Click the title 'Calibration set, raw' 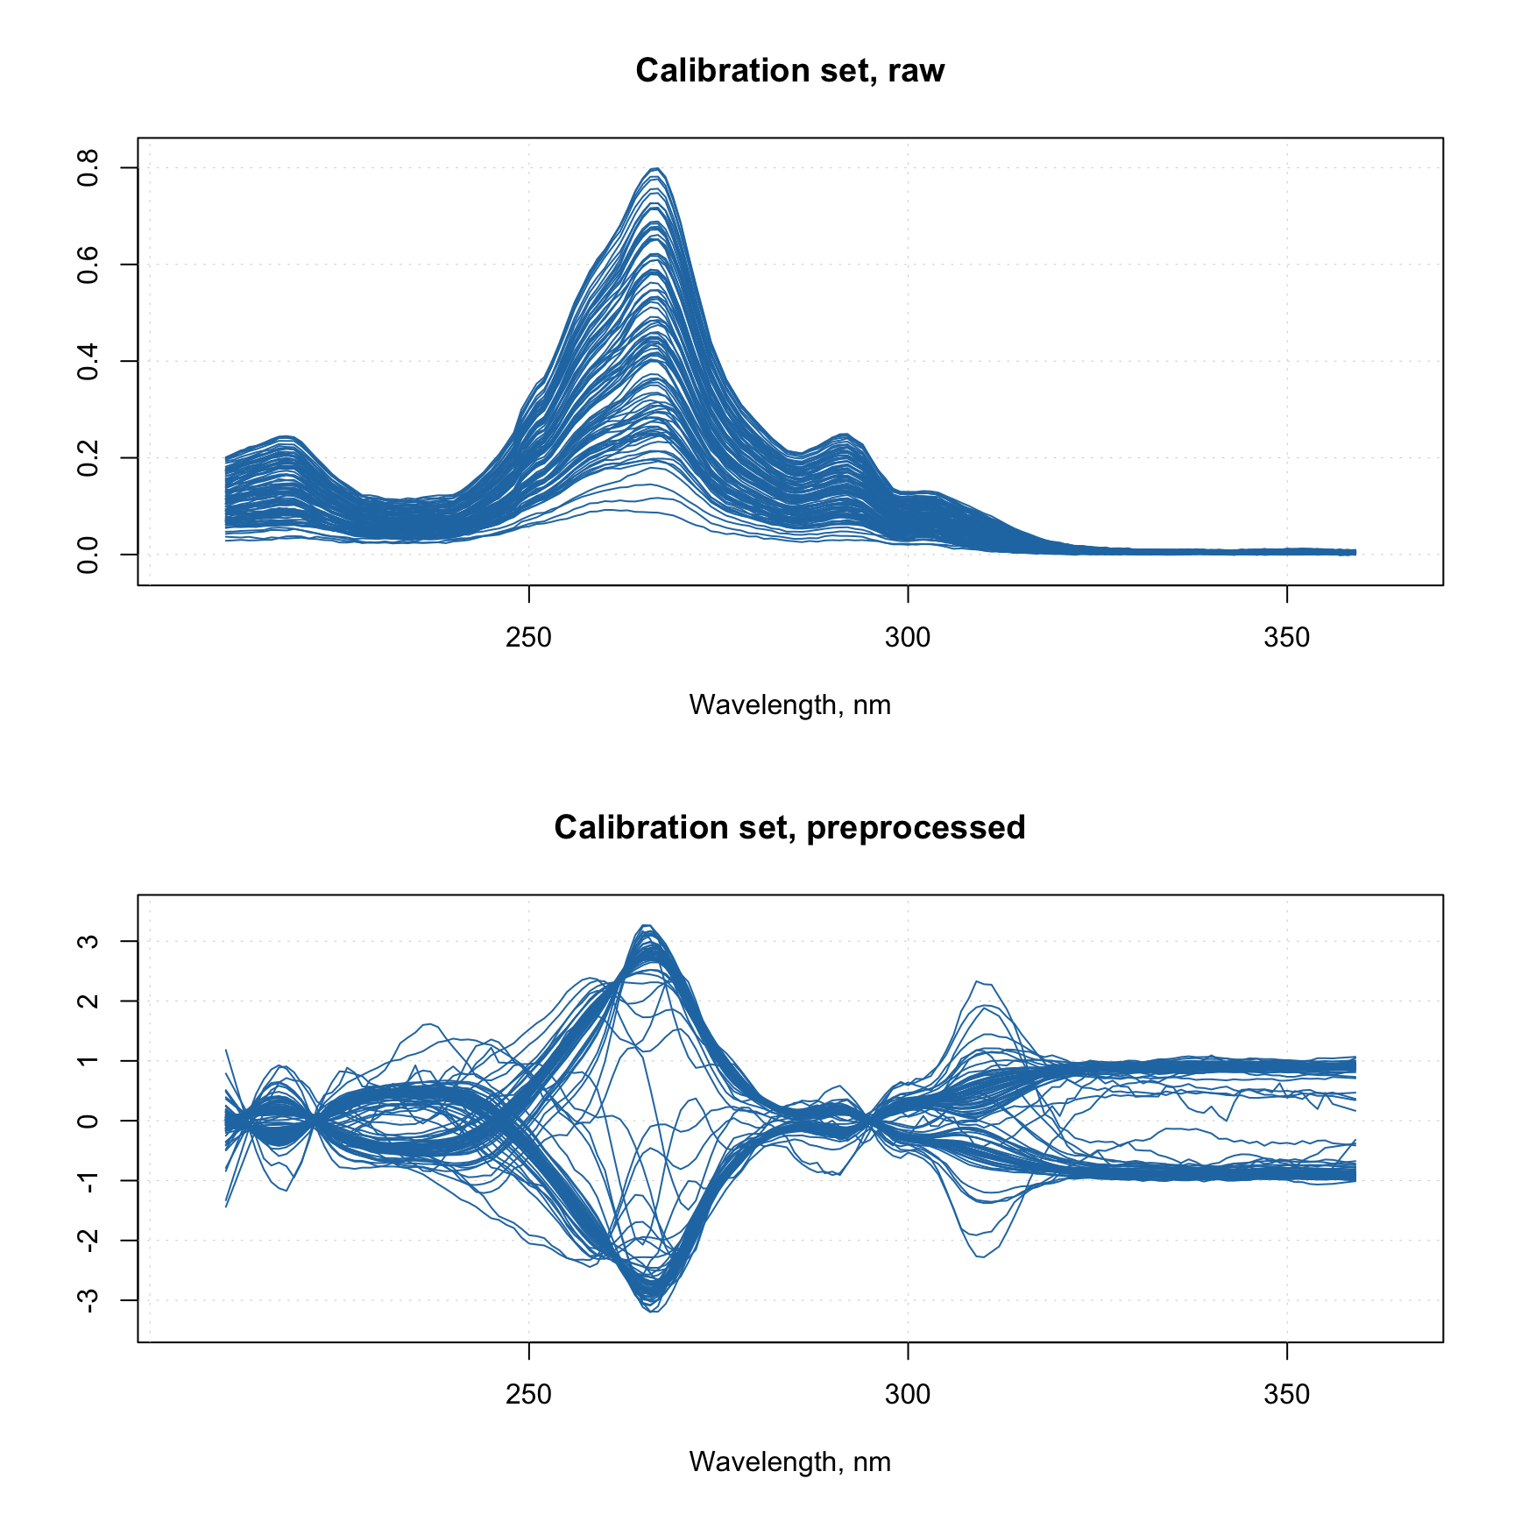[789, 70]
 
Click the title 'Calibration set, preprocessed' [789, 827]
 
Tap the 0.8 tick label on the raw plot [88, 168]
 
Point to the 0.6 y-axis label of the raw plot [88, 265]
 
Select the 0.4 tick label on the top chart [88, 361]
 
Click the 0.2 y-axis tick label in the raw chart [88, 457]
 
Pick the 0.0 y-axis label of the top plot [88, 554]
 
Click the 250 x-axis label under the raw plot [528, 637]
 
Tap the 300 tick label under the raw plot [908, 637]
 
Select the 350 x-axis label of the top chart [1286, 637]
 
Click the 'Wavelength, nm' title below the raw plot [789, 704]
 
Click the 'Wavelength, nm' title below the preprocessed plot [789, 1461]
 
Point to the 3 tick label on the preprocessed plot [88, 941]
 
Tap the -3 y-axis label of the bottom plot [88, 1300]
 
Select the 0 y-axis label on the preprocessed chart [88, 1121]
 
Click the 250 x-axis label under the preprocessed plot [528, 1394]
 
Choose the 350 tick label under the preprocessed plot [1286, 1394]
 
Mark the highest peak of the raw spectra [655, 168]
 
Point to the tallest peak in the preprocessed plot [646, 925]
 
